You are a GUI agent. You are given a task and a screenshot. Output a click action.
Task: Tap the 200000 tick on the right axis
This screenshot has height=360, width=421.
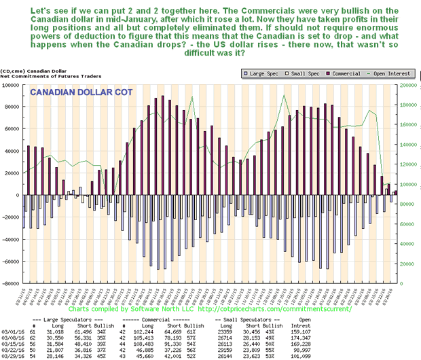(406, 86)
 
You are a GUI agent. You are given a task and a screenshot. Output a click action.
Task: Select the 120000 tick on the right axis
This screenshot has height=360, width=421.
(406, 165)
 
